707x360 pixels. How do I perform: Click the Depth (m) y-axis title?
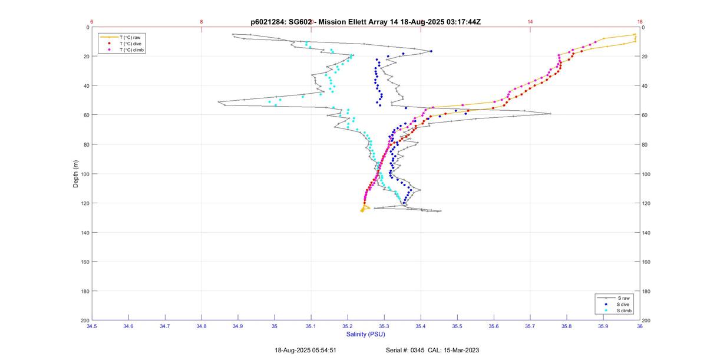pyautogui.click(x=76, y=174)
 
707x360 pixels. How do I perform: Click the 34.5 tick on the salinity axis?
pyautogui.click(x=92, y=326)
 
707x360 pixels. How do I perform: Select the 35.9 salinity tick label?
pyautogui.click(x=603, y=326)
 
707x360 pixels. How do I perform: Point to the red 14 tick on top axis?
pyautogui.click(x=530, y=22)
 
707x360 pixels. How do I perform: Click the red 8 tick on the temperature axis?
pyautogui.click(x=201, y=22)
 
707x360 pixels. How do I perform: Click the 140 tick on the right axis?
pyautogui.click(x=646, y=233)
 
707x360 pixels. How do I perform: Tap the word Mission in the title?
pyautogui.click(x=335, y=22)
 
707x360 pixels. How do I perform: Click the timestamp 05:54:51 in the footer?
pyautogui.click(x=321, y=350)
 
